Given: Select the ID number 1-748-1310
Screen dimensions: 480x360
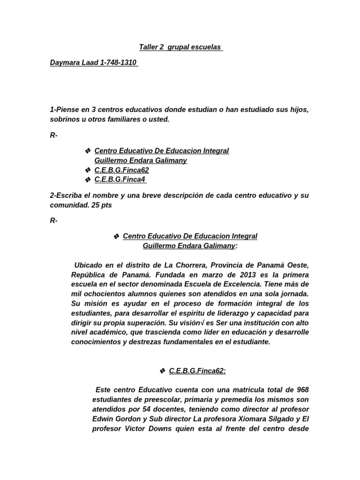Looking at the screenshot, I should pos(119,62).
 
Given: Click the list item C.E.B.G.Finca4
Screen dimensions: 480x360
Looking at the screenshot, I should pos(117,180).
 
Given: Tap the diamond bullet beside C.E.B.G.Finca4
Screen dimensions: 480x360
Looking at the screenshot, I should pos(87,180).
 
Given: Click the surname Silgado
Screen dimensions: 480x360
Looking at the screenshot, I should pos(279,419).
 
